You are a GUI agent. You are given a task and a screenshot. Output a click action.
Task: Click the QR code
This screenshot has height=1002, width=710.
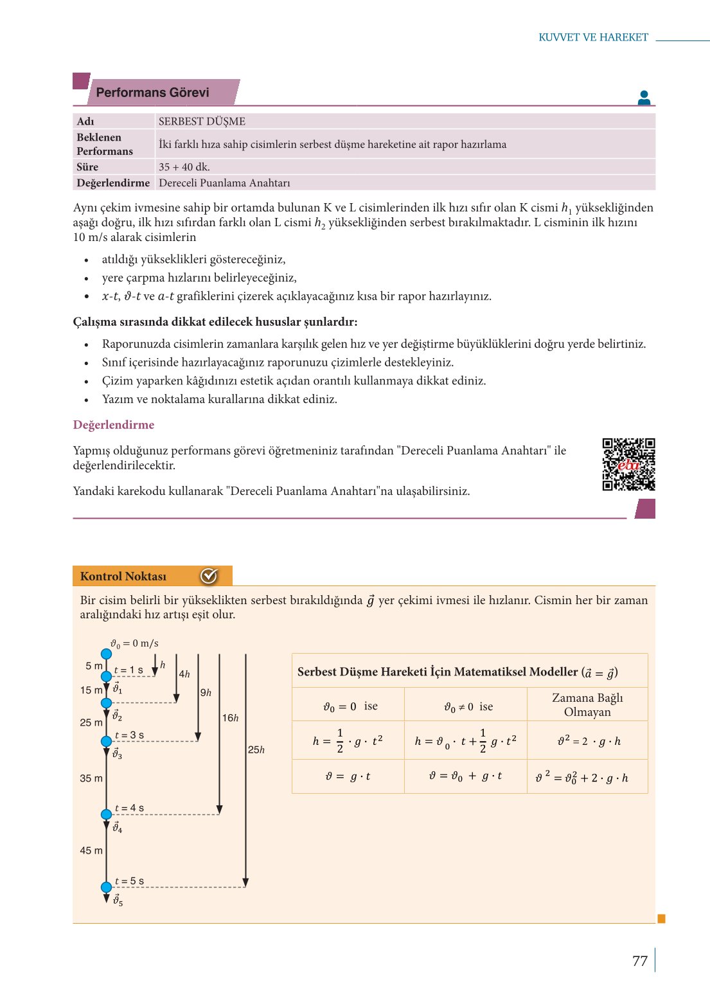click(628, 464)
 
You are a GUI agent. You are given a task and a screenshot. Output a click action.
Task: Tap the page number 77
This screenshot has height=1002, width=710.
click(639, 961)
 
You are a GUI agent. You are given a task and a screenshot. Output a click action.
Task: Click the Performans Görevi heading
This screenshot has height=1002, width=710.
click(153, 93)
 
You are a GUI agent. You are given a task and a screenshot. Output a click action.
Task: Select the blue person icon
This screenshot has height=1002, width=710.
click(644, 98)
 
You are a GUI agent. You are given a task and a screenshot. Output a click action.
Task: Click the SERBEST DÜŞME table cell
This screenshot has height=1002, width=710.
click(202, 121)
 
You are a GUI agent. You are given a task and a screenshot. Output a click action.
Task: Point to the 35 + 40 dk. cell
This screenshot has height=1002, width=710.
click(184, 167)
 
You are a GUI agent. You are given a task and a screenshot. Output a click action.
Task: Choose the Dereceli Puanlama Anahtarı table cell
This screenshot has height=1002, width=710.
click(224, 183)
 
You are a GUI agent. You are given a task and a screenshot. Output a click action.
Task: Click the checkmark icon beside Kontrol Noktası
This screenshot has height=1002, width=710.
click(209, 576)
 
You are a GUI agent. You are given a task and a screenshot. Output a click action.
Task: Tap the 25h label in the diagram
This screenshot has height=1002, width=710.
click(256, 749)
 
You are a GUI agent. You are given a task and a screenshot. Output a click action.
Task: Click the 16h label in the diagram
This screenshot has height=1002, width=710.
click(230, 718)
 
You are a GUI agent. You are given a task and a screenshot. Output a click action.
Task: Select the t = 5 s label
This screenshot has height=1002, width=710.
click(129, 881)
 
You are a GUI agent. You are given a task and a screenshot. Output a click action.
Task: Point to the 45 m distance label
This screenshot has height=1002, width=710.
click(91, 850)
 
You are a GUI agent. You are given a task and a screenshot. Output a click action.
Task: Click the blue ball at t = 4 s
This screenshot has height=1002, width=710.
click(107, 814)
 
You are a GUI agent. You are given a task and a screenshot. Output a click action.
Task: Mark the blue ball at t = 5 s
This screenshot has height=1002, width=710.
click(107, 888)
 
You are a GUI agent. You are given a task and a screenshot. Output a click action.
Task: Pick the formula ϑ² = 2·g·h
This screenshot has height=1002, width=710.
click(589, 741)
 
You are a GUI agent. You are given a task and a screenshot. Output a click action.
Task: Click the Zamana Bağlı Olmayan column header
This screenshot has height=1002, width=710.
click(587, 704)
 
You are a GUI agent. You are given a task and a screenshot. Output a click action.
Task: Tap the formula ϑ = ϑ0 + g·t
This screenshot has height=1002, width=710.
click(465, 776)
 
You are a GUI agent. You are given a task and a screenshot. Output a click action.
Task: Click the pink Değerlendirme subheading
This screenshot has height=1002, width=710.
click(114, 425)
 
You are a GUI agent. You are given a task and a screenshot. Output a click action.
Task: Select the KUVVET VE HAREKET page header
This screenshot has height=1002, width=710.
click(593, 37)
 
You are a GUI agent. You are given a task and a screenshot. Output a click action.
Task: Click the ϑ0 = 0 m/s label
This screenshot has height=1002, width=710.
click(134, 643)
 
